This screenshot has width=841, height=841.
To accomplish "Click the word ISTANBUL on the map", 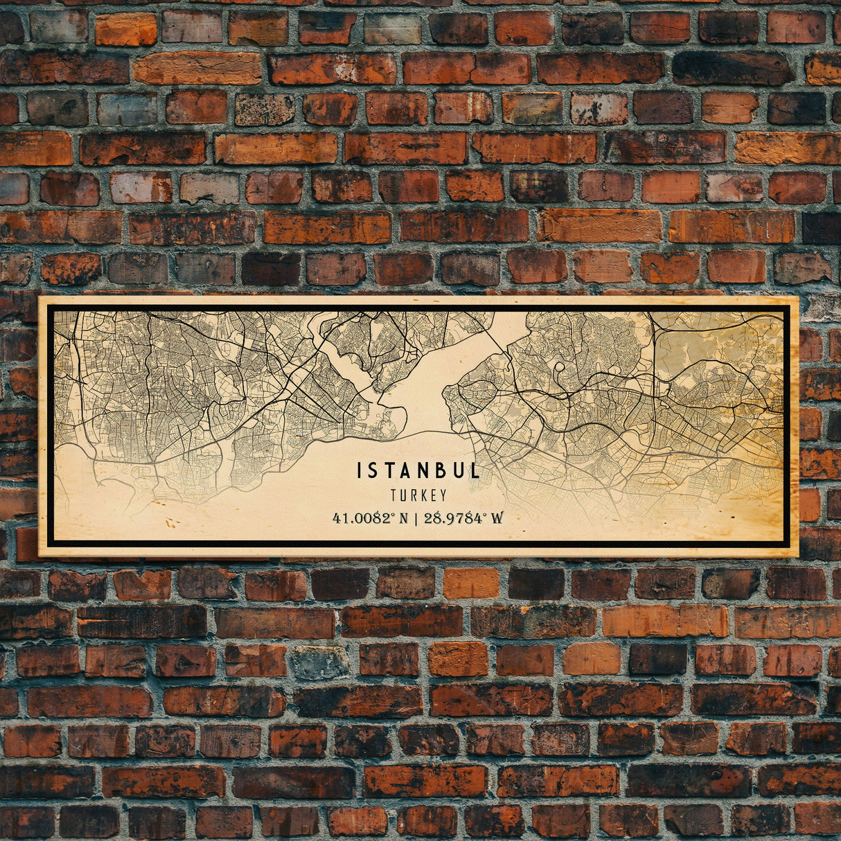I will (x=418, y=471).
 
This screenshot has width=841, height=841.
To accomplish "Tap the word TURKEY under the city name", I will (x=418, y=495).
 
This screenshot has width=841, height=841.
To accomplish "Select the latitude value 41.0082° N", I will (x=371, y=517).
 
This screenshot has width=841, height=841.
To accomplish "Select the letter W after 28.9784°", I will (x=497, y=517).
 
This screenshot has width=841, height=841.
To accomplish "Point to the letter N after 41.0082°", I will (x=403, y=517).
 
